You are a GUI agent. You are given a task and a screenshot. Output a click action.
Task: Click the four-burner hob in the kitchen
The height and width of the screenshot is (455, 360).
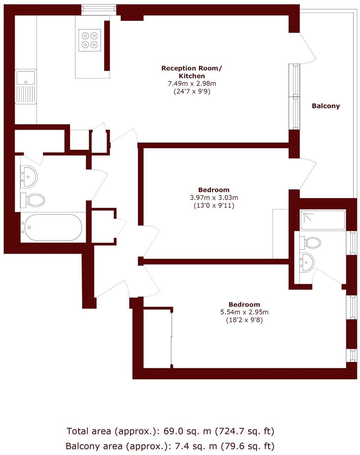[90, 40]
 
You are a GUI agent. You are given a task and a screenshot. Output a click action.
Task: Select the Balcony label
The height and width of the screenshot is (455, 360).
[326, 106]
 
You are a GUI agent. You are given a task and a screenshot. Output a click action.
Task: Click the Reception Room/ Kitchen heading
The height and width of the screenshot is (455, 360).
[192, 72]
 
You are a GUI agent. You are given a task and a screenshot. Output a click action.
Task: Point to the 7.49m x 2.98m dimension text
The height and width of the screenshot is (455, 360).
[192, 84]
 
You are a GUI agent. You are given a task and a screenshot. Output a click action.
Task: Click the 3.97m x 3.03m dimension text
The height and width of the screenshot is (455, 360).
[214, 198]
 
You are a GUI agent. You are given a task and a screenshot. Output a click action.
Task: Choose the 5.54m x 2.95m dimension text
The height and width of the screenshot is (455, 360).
[244, 312]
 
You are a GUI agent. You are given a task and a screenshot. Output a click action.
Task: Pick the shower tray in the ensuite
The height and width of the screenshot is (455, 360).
[323, 220]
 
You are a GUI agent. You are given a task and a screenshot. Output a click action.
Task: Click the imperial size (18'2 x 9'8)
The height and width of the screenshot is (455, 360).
[244, 320]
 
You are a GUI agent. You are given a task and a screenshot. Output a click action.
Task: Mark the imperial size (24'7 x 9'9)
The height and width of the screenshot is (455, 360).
[192, 91]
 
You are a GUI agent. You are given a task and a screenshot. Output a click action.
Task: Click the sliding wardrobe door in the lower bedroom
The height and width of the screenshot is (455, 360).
[171, 338]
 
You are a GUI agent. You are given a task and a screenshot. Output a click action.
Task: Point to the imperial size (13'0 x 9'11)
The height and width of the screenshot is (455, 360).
[214, 206]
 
